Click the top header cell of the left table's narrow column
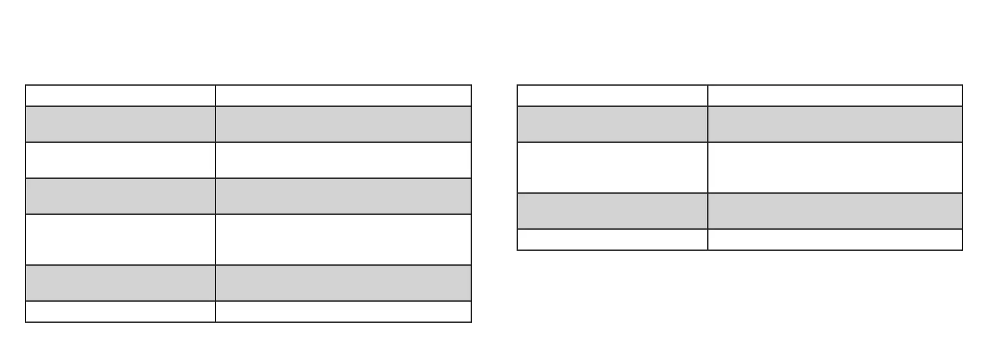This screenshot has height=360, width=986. (x=120, y=96)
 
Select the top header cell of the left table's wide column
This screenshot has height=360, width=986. (x=343, y=96)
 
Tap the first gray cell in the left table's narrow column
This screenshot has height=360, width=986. (x=120, y=124)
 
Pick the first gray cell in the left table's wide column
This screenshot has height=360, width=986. (x=343, y=124)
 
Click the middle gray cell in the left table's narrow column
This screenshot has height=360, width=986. (x=120, y=196)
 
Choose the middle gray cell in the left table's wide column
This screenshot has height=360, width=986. (x=343, y=196)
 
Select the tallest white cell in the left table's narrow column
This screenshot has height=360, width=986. (x=120, y=240)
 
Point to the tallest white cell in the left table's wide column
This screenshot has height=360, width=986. (x=343, y=240)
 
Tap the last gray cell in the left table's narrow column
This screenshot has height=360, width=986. (x=120, y=283)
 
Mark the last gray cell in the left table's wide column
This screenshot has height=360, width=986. (x=343, y=283)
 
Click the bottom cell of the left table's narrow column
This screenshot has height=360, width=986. (x=120, y=312)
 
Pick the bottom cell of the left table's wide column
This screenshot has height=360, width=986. (x=343, y=312)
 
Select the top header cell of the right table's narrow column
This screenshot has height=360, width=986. (x=612, y=96)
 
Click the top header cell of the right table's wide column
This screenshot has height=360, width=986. (x=835, y=96)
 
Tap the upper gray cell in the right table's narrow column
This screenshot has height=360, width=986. (x=612, y=124)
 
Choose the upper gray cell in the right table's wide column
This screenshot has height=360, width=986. (x=835, y=124)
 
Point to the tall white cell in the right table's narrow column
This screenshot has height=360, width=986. (x=612, y=168)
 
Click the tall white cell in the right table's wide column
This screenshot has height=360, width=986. (x=835, y=168)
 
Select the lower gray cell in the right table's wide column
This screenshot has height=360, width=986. (x=835, y=211)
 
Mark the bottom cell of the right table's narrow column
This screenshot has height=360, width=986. (x=612, y=240)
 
